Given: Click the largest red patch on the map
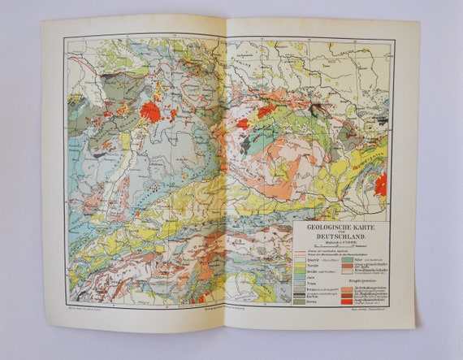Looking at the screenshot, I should click(x=151, y=111).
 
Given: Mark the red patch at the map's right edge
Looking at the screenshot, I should click(x=380, y=184).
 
